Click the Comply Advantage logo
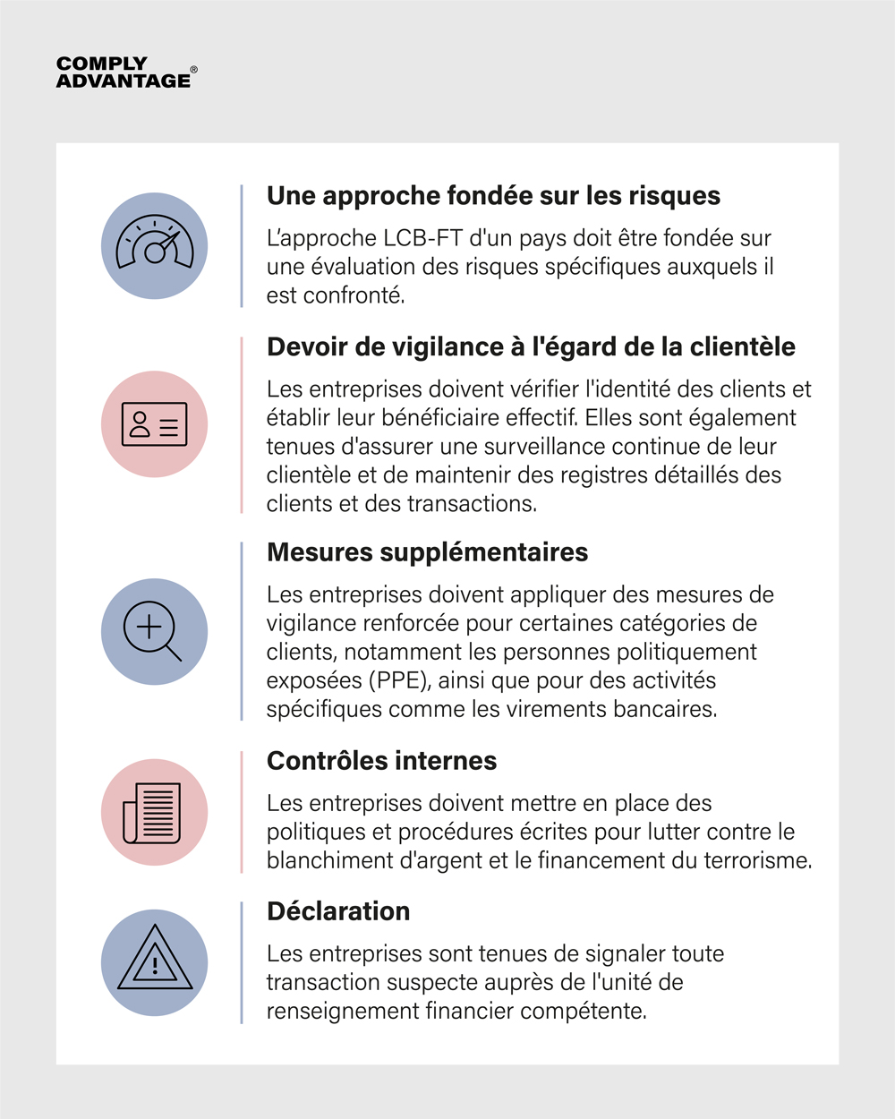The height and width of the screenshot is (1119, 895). (x=124, y=73)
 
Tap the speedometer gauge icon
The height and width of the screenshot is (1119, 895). (x=155, y=246)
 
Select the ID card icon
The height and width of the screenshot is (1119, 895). (x=155, y=424)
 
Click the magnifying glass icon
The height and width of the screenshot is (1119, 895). (x=155, y=632)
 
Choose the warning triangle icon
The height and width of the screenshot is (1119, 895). (x=155, y=963)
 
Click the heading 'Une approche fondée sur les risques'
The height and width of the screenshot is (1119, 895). (x=493, y=196)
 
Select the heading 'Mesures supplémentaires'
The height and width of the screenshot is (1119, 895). (x=427, y=552)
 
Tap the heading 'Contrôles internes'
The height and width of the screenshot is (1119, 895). (x=381, y=761)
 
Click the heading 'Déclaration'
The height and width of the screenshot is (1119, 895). (x=338, y=911)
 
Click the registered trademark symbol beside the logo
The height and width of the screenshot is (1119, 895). (x=194, y=69)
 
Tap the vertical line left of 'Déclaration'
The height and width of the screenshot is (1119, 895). (x=242, y=962)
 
